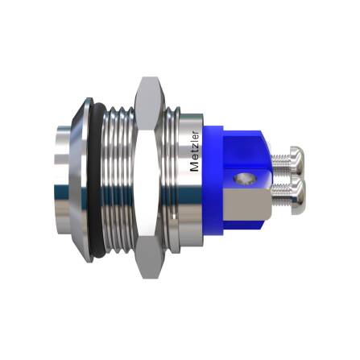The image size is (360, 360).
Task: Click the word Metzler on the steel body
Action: tap(194, 148)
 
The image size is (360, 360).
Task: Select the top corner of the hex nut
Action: tap(147, 80)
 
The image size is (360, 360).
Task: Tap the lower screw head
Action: tap(295, 192)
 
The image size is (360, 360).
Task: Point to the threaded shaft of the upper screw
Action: tap(278, 159)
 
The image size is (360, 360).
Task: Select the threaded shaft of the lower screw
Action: tap(278, 193)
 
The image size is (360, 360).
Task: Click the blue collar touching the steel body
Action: tap(212, 177)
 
